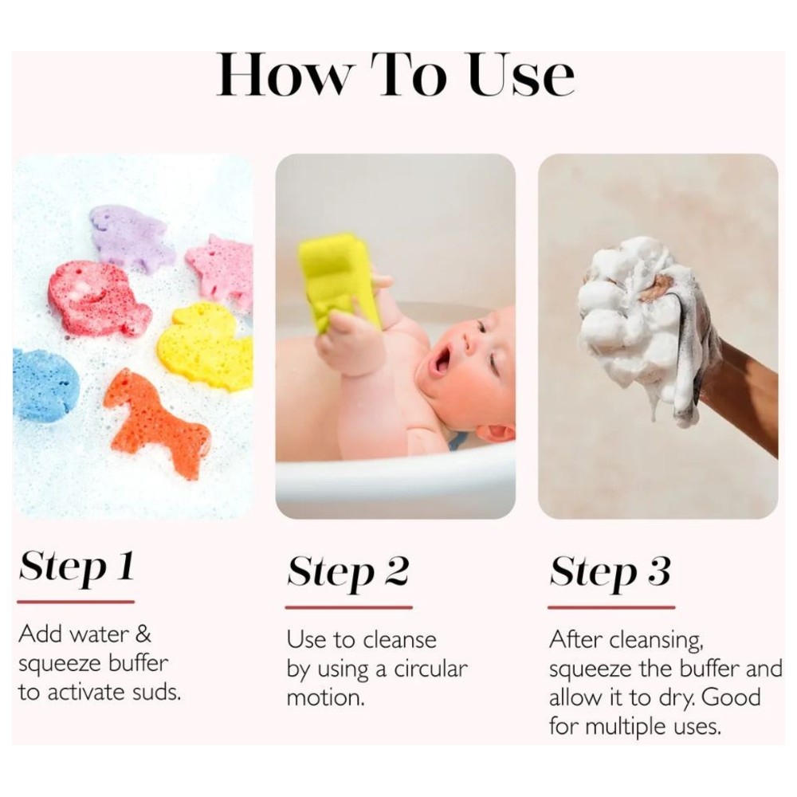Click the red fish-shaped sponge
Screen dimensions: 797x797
point(96,298)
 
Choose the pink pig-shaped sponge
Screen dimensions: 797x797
point(221,270)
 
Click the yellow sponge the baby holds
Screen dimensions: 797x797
point(339,281)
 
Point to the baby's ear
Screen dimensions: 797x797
point(496,433)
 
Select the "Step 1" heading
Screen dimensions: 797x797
point(77,566)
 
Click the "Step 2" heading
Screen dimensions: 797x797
point(348,571)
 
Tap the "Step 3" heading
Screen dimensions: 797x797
point(610,571)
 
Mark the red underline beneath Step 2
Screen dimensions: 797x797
point(349,607)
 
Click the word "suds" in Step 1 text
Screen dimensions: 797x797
point(158,692)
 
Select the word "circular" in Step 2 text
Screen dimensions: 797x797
point(430,669)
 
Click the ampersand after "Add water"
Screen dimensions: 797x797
point(143,634)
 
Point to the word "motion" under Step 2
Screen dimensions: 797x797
point(324,698)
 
